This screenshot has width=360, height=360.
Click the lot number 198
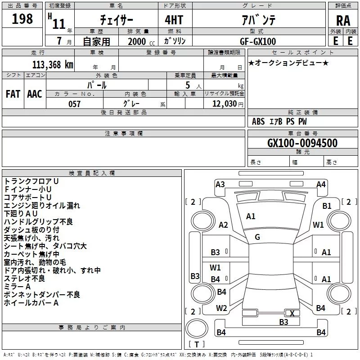point(22,19)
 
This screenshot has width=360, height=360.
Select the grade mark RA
point(343,21)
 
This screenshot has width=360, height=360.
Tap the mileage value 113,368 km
point(53,65)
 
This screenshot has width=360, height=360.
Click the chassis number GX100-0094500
point(302,143)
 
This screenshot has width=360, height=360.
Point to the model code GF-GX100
point(258,41)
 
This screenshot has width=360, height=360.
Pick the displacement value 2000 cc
point(141,41)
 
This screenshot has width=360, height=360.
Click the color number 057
point(75,104)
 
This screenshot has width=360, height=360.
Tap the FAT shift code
point(13,94)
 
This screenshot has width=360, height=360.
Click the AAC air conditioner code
point(35,94)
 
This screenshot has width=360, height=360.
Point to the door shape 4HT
point(174,20)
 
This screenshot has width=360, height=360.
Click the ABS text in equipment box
point(258,121)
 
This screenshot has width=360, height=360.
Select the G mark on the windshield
point(257,237)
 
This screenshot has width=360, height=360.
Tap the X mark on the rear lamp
point(292,313)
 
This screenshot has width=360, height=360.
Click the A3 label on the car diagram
point(220,184)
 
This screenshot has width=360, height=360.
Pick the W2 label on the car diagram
point(221,308)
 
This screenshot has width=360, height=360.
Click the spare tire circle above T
point(197,328)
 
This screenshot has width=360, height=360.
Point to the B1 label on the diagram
point(327,206)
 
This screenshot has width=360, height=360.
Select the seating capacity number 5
point(188,85)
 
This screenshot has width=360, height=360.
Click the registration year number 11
point(59,24)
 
